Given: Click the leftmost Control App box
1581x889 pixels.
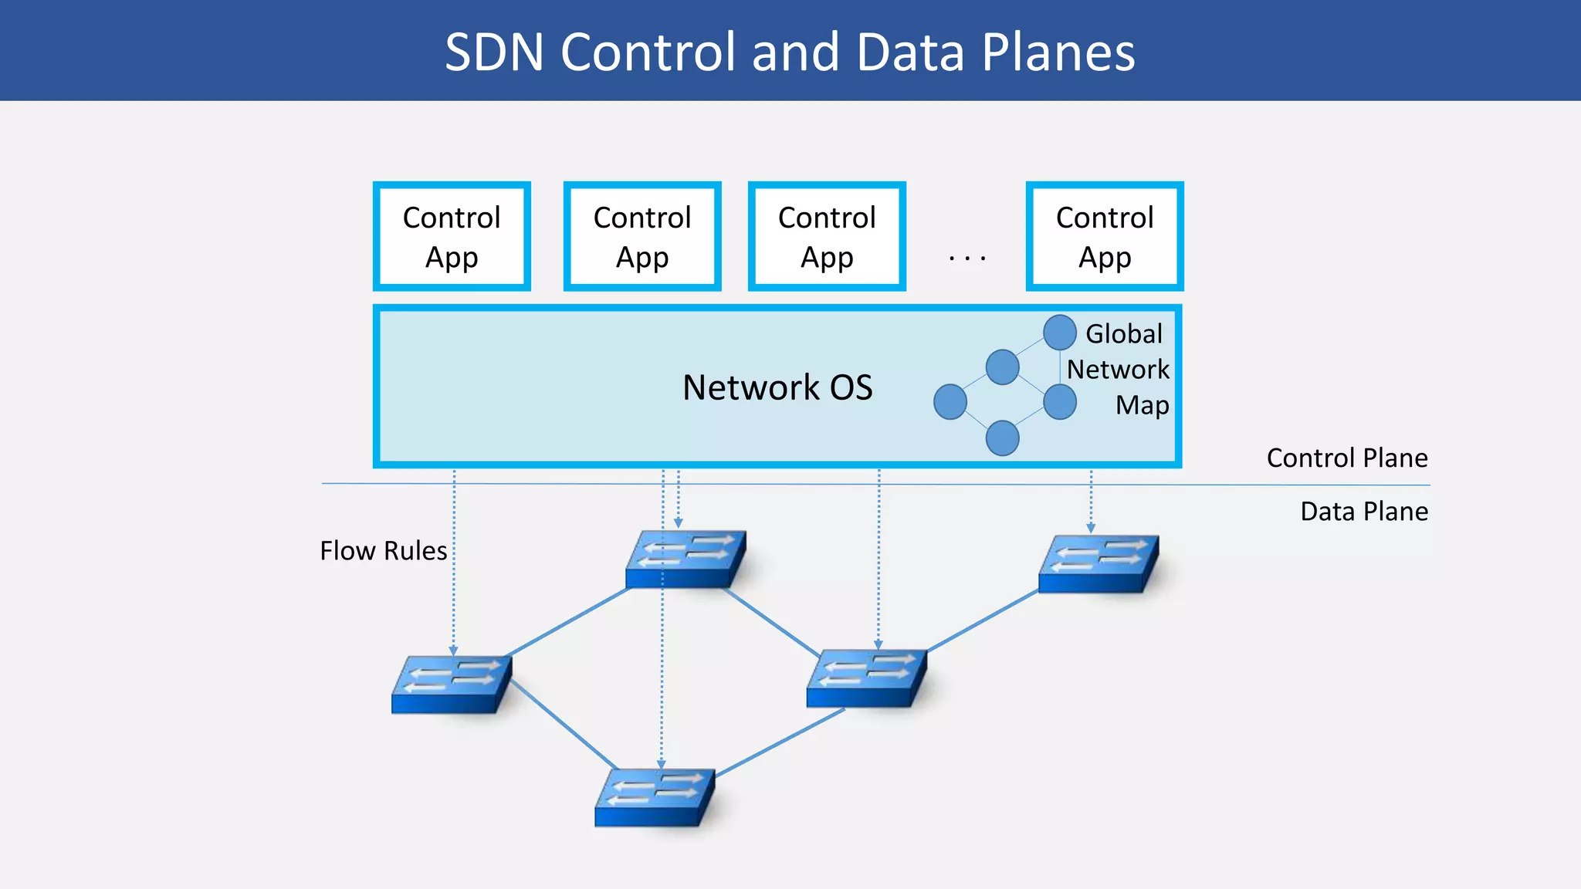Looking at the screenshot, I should pyautogui.click(x=452, y=236).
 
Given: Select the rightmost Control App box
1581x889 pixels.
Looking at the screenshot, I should pyautogui.click(x=1104, y=236).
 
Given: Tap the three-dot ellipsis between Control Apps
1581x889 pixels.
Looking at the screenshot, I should pyautogui.click(x=967, y=259).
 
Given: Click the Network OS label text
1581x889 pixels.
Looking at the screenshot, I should pyautogui.click(x=777, y=387).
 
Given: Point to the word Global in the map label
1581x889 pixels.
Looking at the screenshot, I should pyautogui.click(x=1123, y=333).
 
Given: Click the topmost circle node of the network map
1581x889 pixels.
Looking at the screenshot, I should pyautogui.click(x=1059, y=333).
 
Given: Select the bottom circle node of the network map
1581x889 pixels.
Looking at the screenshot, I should pyautogui.click(x=1002, y=438).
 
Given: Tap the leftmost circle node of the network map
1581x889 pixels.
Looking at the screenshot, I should pyautogui.click(x=950, y=402).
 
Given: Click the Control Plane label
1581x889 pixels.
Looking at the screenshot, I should pyautogui.click(x=1346, y=458).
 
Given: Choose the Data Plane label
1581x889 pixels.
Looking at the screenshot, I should pyautogui.click(x=1363, y=512).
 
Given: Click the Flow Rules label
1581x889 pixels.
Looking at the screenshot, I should pyautogui.click(x=384, y=551).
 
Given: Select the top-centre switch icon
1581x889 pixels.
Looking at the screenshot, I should pyautogui.click(x=686, y=559).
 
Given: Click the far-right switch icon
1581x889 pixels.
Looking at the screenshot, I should pyautogui.click(x=1098, y=564).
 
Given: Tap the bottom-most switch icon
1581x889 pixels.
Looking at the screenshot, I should pyautogui.click(x=655, y=797).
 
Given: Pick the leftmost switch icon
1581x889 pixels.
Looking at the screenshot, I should pyautogui.click(x=452, y=684).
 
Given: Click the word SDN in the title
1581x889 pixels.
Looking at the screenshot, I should pyautogui.click(x=494, y=52).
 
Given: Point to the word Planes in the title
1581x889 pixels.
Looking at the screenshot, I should pyautogui.click(x=1058, y=52).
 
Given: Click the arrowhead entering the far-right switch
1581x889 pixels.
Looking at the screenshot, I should pyautogui.click(x=1091, y=528).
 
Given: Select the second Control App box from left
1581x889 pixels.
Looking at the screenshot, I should pyautogui.click(x=642, y=236).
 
